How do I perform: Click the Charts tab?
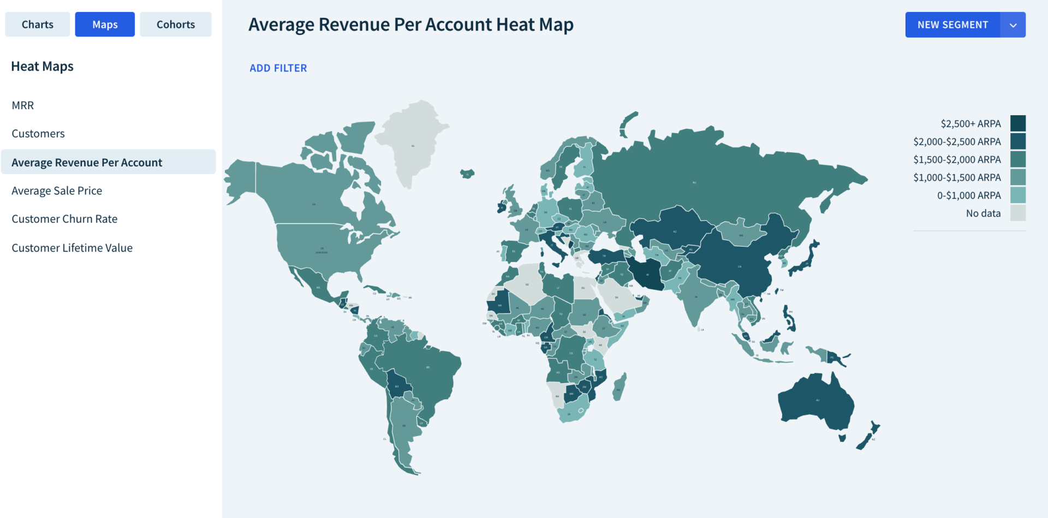(38, 25)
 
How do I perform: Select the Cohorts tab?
(175, 25)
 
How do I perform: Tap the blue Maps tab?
(105, 25)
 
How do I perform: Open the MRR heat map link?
(23, 105)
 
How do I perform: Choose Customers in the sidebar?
(38, 134)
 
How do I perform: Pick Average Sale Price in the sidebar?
(57, 190)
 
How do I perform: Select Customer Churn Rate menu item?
(64, 219)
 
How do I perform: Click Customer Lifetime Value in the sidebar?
(72, 248)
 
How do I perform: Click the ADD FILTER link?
(278, 68)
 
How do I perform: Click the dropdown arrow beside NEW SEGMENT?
(1013, 25)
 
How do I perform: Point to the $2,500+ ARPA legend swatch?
(1017, 123)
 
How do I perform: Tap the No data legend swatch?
(1017, 213)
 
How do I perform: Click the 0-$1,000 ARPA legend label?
(969, 195)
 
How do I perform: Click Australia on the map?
(816, 401)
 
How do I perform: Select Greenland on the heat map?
(413, 145)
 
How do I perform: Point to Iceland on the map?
(467, 174)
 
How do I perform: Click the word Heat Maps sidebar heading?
(43, 67)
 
